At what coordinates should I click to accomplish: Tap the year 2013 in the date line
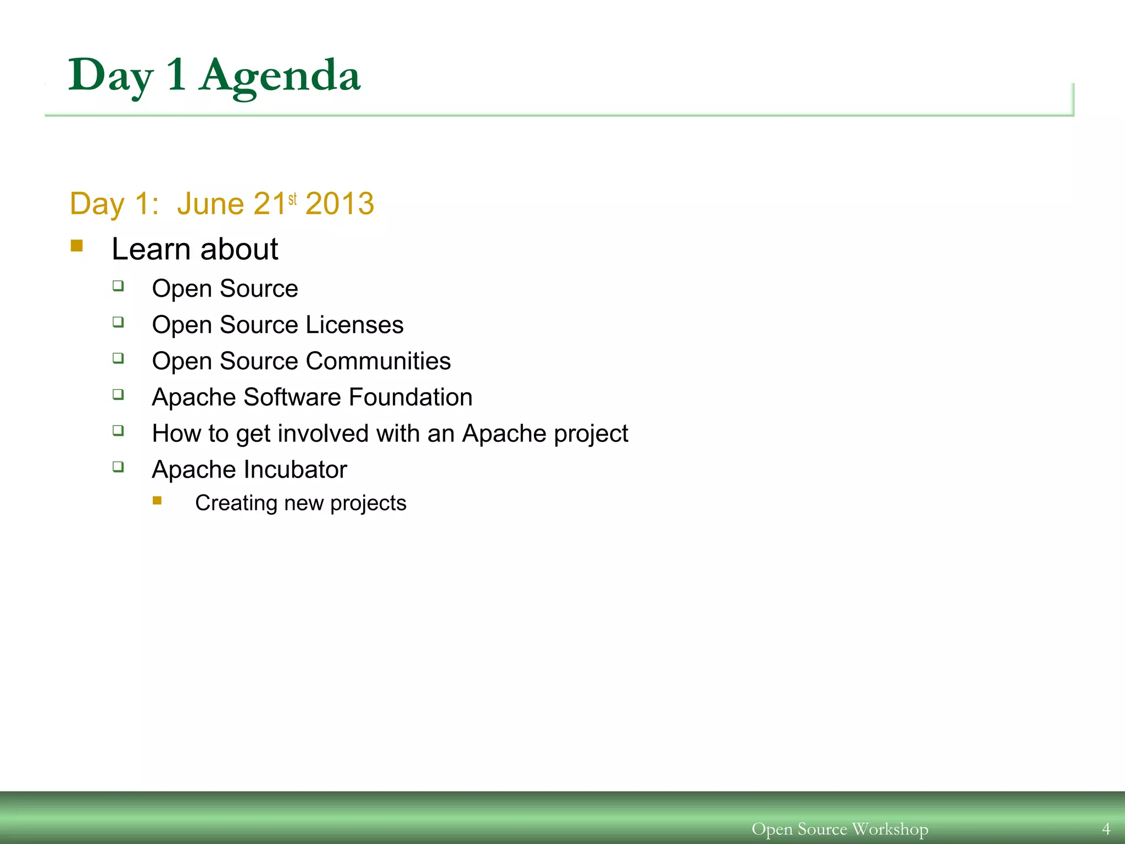pyautogui.click(x=339, y=204)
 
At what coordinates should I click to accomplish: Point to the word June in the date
pyautogui.click(x=210, y=204)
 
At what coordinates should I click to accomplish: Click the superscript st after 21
pyautogui.click(x=292, y=198)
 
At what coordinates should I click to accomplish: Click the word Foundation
pyautogui.click(x=410, y=397)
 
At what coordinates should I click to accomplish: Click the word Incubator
pyautogui.click(x=296, y=470)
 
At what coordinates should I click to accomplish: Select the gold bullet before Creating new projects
pyautogui.click(x=157, y=500)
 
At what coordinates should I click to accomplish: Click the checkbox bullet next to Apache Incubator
pyautogui.click(x=118, y=467)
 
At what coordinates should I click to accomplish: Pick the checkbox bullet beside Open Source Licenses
pyautogui.click(x=118, y=321)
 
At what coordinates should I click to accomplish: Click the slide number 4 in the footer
pyautogui.click(x=1106, y=829)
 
